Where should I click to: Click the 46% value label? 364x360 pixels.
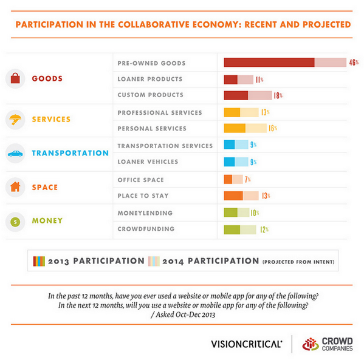pyautogui.click(x=353, y=63)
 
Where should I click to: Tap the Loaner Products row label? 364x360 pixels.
pyautogui.click(x=150, y=80)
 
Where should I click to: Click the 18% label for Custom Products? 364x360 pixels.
pyautogui.click(x=278, y=95)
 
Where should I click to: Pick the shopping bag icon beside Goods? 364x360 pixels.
pyautogui.click(x=15, y=78)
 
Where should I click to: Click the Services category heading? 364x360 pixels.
pyautogui.click(x=51, y=120)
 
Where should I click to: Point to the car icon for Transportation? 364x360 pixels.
pyautogui.click(x=15, y=154)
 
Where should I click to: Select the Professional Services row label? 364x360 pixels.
pyautogui.click(x=159, y=112)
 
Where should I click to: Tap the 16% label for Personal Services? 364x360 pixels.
pyautogui.click(x=272, y=128)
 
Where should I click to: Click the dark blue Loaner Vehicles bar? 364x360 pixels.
pyautogui.click(x=229, y=161)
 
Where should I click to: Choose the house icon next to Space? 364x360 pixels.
pyautogui.click(x=15, y=187)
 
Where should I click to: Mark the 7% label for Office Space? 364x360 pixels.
pyautogui.click(x=248, y=179)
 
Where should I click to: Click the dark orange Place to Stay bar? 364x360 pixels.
pyautogui.click(x=233, y=195)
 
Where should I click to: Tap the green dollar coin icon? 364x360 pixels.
pyautogui.click(x=15, y=221)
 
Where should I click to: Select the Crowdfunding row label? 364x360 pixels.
pyautogui.click(x=146, y=229)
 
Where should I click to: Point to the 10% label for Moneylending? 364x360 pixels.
pyautogui.click(x=255, y=213)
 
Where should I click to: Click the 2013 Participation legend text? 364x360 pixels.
pyautogui.click(x=96, y=261)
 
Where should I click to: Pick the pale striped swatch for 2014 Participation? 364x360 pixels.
pyautogui.click(x=154, y=261)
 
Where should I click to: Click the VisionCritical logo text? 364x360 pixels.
pyautogui.click(x=246, y=344)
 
